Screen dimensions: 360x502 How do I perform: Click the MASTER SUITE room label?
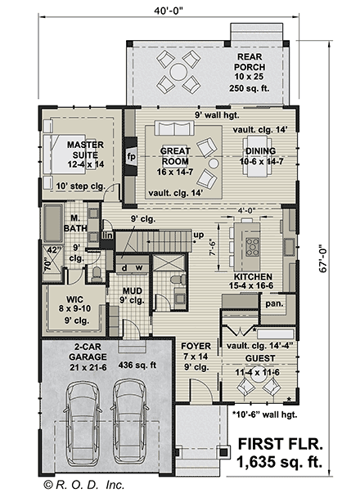pos(86,150)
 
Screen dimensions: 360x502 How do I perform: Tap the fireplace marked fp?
pos(131,156)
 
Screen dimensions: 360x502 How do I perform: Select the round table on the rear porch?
pos(178,72)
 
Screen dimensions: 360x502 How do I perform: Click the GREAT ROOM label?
pos(175,156)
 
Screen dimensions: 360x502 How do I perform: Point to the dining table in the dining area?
pos(257,156)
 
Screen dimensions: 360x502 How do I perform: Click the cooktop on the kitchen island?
pos(252,247)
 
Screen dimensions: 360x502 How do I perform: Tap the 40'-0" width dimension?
pos(169,11)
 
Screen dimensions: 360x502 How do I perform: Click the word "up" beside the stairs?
pos(198,235)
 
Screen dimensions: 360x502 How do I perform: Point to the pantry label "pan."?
pos(274,303)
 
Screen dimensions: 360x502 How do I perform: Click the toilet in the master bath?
pos(97,275)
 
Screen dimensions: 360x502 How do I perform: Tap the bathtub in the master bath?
pos(53,223)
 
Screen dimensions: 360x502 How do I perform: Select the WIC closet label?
pos(74,300)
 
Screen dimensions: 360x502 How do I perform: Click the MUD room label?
pos(133,291)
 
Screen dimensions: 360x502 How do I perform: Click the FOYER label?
pos(196,346)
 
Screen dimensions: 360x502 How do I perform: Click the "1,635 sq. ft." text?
pos(279,462)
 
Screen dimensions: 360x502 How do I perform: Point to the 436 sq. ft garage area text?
pos(137,365)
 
